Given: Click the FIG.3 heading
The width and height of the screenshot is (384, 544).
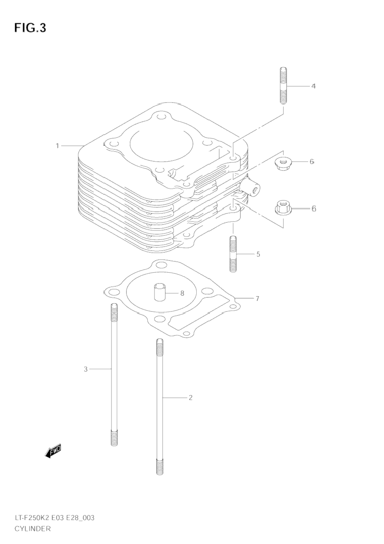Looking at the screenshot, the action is coord(30,28).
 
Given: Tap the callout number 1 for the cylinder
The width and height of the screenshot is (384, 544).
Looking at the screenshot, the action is coord(57,146).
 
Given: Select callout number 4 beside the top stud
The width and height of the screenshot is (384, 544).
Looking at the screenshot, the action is coord(313,86).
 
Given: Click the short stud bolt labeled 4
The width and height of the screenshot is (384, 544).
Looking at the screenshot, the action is coord(283,85).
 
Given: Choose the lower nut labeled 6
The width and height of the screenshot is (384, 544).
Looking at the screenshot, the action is coord(282,208).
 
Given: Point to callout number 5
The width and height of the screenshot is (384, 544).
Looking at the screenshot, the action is coord(258,254).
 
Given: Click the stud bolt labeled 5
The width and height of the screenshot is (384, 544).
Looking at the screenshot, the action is coord(233,254).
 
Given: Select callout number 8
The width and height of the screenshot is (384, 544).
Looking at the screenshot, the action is coord(182,293).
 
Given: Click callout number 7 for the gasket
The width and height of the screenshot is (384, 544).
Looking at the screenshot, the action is coord(257,298).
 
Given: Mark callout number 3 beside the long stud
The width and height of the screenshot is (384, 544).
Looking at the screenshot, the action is coord(86,369).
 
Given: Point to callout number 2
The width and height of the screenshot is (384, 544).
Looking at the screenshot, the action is coord(191,397).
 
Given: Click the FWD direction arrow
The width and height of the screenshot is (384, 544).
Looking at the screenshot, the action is coord(53,451).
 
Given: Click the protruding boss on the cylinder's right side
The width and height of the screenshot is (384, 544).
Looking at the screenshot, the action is coord(251,186).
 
